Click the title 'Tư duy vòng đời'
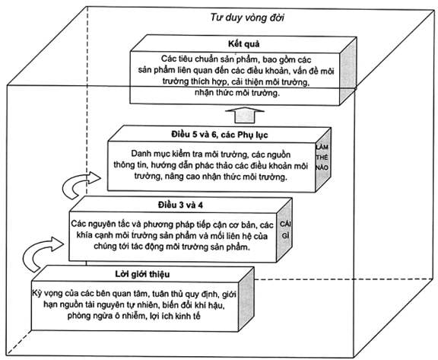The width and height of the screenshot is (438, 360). [247, 18]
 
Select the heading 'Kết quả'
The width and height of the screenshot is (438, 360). [243, 44]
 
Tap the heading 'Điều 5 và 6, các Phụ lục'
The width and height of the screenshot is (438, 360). [220, 135]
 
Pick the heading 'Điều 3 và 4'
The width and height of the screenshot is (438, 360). [180, 205]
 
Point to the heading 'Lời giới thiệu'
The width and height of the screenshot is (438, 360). [142, 274]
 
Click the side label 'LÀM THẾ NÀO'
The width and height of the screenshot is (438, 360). [322, 158]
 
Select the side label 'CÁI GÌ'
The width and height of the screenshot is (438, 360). [285, 230]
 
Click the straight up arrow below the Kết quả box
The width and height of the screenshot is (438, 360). [245, 115]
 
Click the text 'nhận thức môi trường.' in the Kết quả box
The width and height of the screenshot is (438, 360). [237, 93]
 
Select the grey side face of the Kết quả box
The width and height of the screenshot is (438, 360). [348, 72]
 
